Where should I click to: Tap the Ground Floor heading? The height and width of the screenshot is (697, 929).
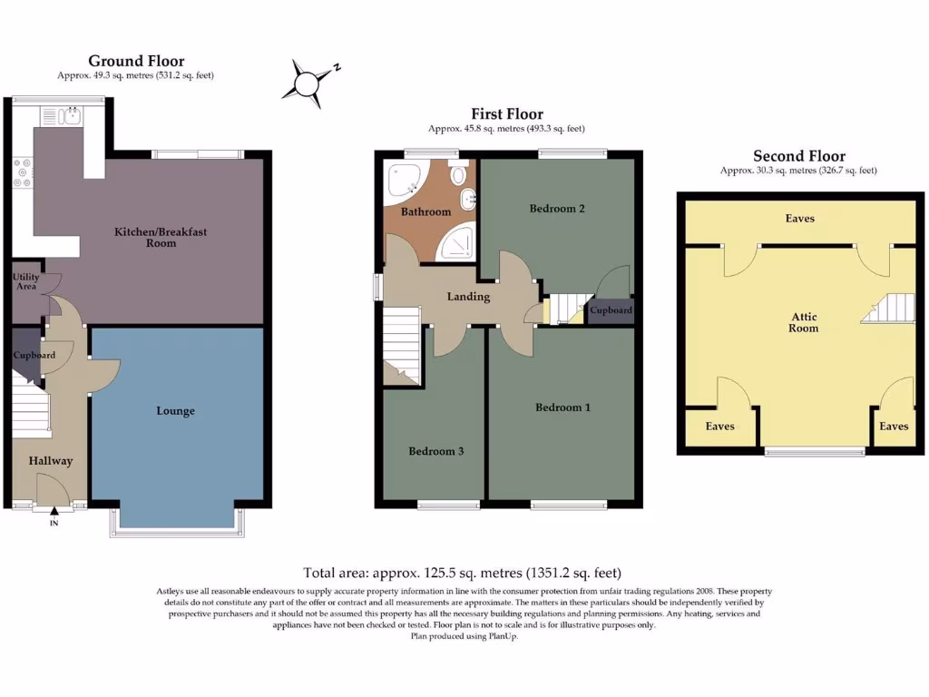136,61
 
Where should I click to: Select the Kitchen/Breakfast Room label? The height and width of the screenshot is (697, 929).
161,237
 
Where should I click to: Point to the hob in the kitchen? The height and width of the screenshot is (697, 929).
23,173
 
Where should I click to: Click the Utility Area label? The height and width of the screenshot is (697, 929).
26,280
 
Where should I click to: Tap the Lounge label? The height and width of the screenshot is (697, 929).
175,411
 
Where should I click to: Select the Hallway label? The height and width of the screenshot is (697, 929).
50,461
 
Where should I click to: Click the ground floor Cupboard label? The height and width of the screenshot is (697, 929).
34,355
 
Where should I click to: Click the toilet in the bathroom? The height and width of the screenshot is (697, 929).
459,173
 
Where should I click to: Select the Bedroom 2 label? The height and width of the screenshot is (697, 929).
557,209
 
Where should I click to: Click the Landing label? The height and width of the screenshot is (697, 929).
468,297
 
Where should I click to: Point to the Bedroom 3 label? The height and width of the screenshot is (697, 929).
435,451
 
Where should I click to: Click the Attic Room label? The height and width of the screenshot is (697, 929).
804,322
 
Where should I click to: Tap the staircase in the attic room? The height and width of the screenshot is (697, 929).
887,309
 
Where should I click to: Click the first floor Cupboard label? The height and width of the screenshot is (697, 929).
611,310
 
